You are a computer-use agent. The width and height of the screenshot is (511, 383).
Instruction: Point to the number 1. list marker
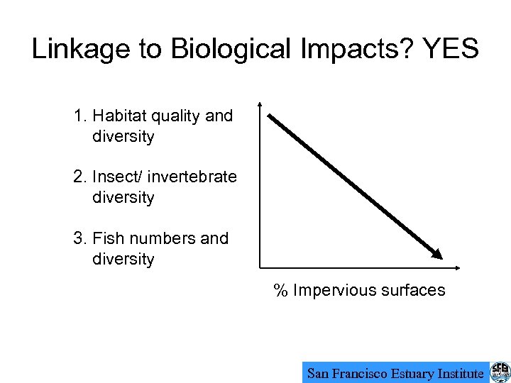coord(79,116)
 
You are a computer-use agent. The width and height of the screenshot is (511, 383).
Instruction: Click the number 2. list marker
coord(79,177)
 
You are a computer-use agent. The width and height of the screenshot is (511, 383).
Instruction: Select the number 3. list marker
coord(79,238)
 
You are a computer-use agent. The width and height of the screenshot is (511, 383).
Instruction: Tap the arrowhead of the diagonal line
coord(438,253)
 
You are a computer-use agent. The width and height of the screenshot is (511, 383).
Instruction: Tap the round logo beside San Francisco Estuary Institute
coord(500,372)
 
